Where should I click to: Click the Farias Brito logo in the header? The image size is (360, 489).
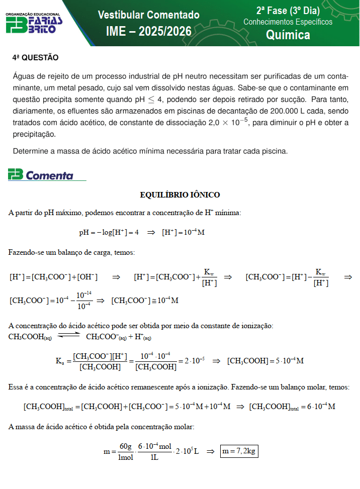click(x=34, y=24)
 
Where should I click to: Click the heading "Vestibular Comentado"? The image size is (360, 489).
click(x=148, y=15)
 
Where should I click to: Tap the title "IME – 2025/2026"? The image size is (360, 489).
click(x=148, y=32)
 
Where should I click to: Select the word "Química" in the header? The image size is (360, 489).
click(x=288, y=35)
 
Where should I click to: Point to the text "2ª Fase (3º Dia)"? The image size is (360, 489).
click(x=288, y=11)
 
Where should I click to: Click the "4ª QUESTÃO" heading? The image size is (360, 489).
click(x=35, y=58)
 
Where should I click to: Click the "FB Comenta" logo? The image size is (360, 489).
click(x=41, y=175)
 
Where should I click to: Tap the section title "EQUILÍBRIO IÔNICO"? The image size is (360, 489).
click(x=179, y=194)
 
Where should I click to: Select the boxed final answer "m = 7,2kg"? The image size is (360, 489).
click(x=239, y=451)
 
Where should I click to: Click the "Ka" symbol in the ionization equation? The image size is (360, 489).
click(x=59, y=360)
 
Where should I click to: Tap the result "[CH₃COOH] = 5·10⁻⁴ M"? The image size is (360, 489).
click(x=265, y=361)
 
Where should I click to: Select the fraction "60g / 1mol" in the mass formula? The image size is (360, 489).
click(x=125, y=451)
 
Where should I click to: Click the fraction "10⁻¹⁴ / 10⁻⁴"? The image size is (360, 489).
click(x=83, y=301)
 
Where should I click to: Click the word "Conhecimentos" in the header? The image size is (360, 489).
click(x=266, y=22)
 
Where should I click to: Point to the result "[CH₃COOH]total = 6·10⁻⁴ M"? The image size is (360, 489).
click(x=292, y=406)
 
